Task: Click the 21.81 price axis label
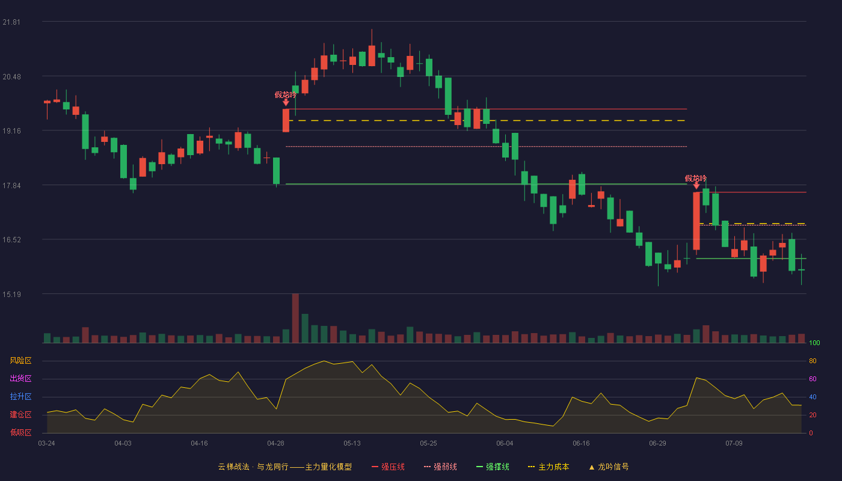click(x=11, y=22)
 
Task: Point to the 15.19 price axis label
click(x=11, y=294)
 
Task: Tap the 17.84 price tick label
click(x=11, y=186)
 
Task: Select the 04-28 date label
click(x=275, y=444)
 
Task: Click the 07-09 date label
click(x=734, y=444)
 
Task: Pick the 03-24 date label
click(x=47, y=444)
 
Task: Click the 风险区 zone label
click(x=20, y=361)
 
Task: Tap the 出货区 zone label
click(x=20, y=378)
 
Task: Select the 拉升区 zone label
click(x=20, y=396)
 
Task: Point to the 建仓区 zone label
click(x=20, y=414)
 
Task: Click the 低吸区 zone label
click(x=20, y=432)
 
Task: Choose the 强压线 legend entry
click(x=388, y=467)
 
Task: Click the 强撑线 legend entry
click(x=493, y=467)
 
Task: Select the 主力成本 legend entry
click(x=549, y=467)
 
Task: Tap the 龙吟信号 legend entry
click(x=609, y=467)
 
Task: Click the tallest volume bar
click(x=295, y=318)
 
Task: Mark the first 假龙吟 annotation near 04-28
click(x=286, y=95)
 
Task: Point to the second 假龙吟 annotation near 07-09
click(x=696, y=178)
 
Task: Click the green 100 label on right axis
click(x=814, y=343)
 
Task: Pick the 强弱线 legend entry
click(x=440, y=467)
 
